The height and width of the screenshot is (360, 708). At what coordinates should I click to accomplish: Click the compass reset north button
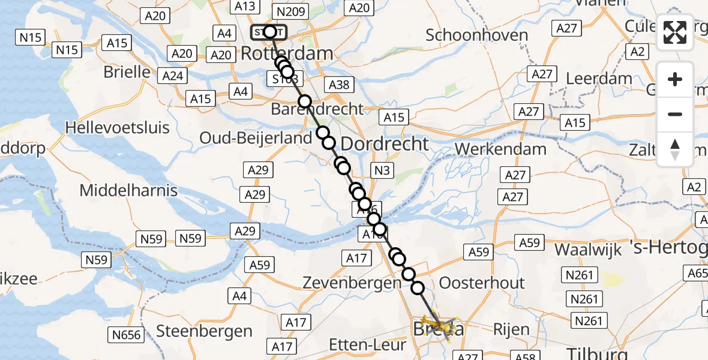tap(675, 149)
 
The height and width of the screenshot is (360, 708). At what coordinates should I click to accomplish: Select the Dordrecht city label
tap(385, 143)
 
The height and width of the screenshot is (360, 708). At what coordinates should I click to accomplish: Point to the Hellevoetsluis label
tap(118, 127)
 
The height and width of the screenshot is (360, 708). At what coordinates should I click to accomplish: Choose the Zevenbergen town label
tap(352, 282)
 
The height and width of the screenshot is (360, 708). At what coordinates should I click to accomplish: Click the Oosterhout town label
tap(482, 283)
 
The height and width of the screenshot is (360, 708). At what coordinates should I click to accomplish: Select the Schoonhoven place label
tap(476, 35)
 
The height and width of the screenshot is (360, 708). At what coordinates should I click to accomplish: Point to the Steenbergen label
tap(204, 331)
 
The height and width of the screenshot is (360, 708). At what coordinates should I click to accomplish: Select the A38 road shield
tap(339, 85)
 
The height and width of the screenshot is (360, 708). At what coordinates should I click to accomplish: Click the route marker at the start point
tap(269, 32)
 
